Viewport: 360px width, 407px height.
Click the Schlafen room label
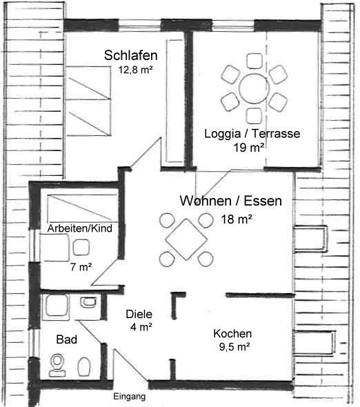tap(131, 55)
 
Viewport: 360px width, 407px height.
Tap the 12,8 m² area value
tap(135, 70)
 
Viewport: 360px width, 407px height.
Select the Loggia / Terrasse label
tap(252, 134)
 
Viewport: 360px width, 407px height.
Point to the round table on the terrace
tap(254, 88)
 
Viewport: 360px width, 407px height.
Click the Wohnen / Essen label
tap(231, 201)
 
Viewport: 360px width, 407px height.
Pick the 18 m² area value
tap(237, 219)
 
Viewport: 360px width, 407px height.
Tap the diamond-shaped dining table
tap(186, 239)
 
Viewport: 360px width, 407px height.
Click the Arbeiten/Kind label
tap(80, 228)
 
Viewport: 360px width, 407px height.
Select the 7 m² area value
tap(81, 267)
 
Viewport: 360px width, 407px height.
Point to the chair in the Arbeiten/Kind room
tap(81, 248)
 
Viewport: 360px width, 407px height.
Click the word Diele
tap(139, 315)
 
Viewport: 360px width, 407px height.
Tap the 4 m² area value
tap(141, 327)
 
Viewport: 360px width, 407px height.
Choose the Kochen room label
tap(232, 334)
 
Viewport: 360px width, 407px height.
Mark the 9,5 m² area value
tap(234, 347)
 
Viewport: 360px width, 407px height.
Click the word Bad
tap(67, 339)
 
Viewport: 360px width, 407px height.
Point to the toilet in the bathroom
tap(57, 365)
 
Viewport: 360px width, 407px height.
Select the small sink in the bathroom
tap(88, 302)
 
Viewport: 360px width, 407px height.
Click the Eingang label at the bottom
tap(129, 397)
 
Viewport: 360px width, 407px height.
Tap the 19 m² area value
tap(249, 148)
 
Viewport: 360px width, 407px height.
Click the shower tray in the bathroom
tap(57, 306)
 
